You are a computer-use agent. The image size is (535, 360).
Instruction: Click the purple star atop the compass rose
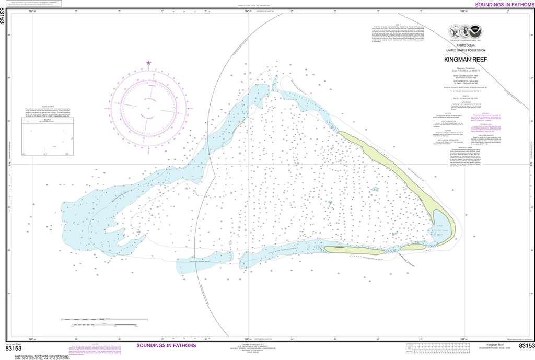pos(149,63)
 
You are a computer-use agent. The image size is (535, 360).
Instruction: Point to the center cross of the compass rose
pos(149,108)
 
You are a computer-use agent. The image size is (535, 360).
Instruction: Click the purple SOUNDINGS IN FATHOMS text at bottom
pos(166,346)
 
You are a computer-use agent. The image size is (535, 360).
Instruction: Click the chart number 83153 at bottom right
pos(526,346)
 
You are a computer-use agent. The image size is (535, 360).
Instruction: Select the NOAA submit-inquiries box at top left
pos(31,4)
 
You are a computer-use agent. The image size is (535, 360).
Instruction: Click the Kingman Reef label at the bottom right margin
pos(494,345)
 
